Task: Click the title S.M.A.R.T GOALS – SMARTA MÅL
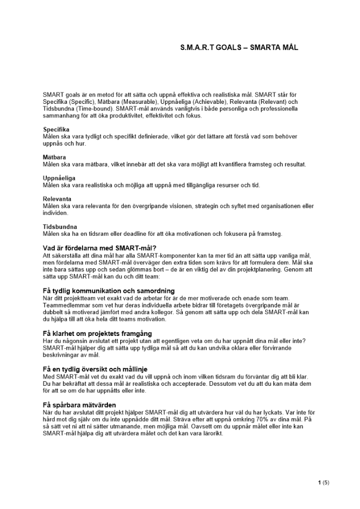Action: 239,47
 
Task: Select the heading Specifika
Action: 56,130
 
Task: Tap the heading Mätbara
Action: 54,157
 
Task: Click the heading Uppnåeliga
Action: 59,178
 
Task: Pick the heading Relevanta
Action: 57,199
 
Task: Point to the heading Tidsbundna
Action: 60,227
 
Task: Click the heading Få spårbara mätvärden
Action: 82,405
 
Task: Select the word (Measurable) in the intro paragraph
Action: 145,102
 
